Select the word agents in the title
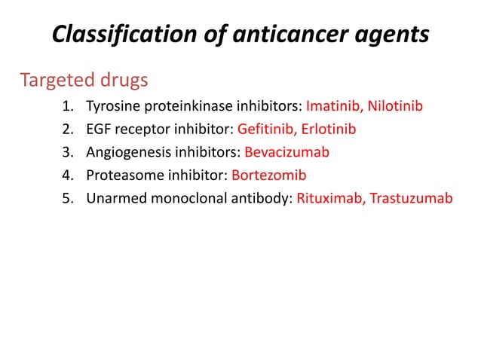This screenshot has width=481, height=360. point(392,35)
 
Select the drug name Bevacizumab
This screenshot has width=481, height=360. point(287,152)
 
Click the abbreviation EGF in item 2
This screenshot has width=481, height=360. point(98,129)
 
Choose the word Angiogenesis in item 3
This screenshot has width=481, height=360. point(125,152)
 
